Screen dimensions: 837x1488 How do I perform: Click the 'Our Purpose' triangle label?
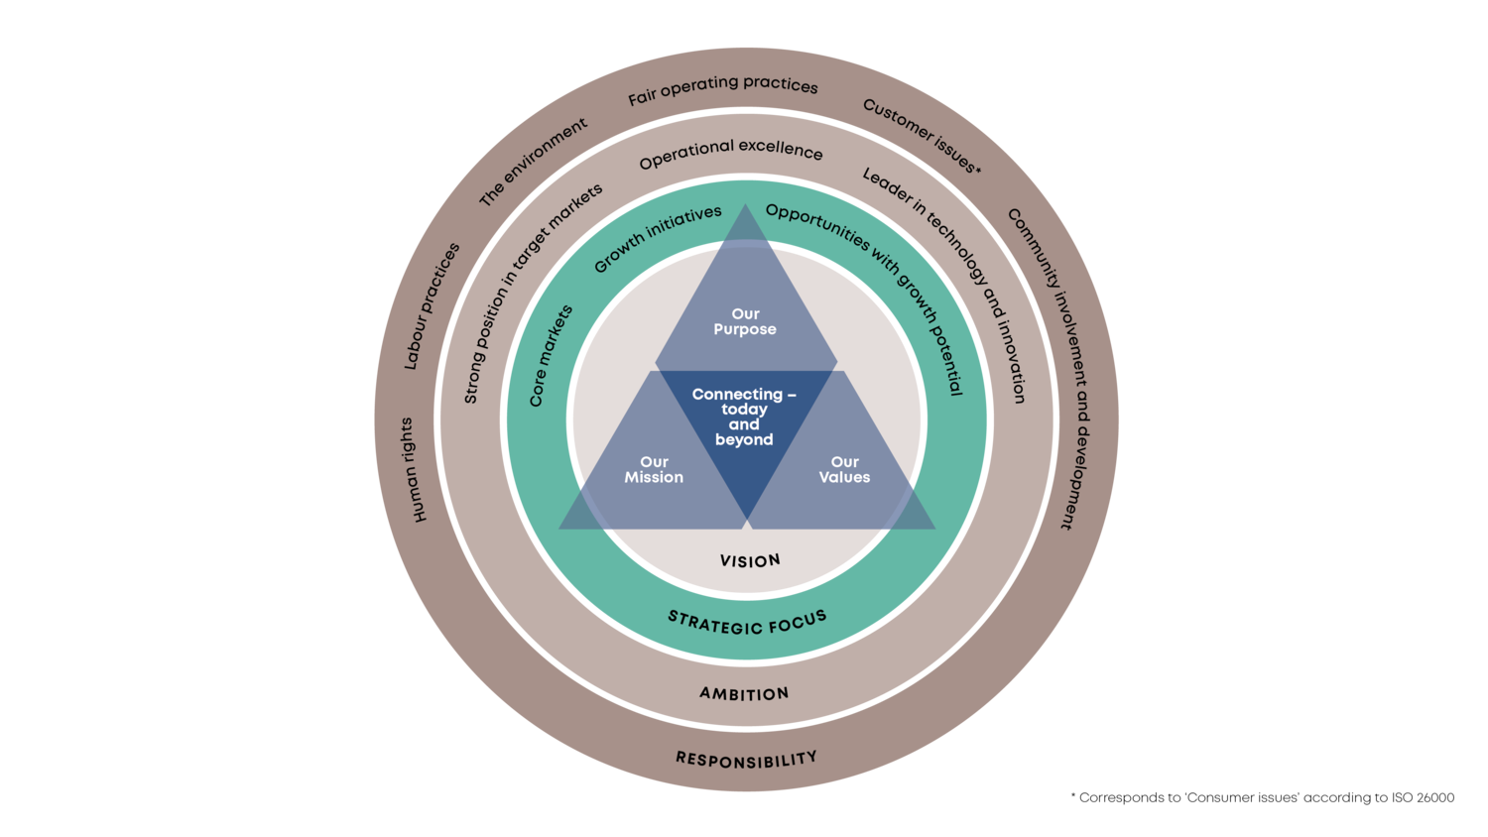(x=745, y=321)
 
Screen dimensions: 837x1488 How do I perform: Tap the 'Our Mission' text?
(x=654, y=469)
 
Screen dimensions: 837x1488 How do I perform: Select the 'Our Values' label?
(x=844, y=469)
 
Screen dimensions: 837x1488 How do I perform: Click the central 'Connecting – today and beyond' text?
(x=744, y=417)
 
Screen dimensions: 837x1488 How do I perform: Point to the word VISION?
(x=750, y=561)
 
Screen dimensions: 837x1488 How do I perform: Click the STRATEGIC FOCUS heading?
(x=747, y=623)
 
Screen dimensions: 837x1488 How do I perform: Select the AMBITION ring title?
(x=744, y=693)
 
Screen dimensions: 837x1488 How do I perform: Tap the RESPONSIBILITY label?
(x=746, y=760)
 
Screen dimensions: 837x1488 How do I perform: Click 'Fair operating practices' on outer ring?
(x=723, y=89)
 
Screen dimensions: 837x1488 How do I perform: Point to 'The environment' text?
(x=534, y=162)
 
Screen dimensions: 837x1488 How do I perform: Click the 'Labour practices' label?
(x=432, y=306)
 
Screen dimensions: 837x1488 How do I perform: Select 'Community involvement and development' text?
(x=1055, y=367)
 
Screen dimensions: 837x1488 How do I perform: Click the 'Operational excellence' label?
(x=731, y=153)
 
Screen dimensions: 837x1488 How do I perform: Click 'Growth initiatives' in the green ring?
(x=657, y=239)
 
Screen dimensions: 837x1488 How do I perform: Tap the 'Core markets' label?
(x=551, y=356)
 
